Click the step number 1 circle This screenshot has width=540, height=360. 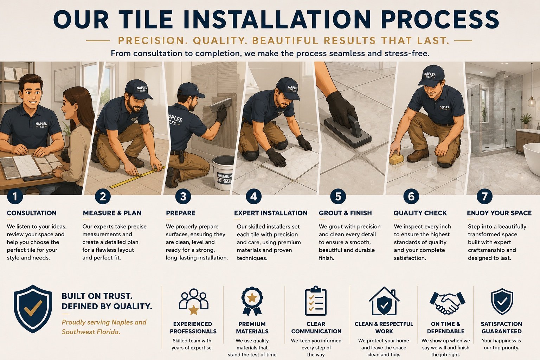click(15, 197)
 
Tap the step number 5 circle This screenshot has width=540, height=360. click(338, 197)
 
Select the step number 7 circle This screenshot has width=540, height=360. click(484, 197)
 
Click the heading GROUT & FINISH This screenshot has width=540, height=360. click(345, 213)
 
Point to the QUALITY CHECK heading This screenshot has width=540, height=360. click(420, 213)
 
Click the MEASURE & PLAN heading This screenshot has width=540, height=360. click(112, 213)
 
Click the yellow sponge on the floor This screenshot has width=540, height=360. click(396, 159)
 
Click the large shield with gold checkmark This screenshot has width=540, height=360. click(33, 309)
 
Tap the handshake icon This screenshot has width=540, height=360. click(447, 303)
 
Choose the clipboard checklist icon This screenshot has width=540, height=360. click(316, 301)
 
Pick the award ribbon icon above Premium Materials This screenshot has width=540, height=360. click(252, 301)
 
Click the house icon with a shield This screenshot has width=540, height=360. click(384, 301)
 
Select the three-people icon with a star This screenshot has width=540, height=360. click(193, 301)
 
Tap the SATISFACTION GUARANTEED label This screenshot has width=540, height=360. click(501, 327)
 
